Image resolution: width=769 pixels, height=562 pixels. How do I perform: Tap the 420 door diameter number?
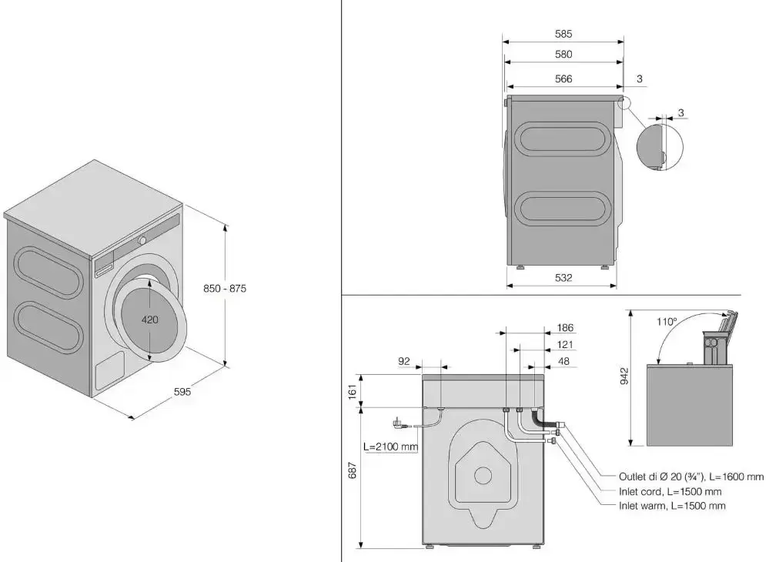click(x=150, y=319)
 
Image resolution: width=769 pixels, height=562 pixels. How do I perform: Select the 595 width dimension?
click(x=182, y=392)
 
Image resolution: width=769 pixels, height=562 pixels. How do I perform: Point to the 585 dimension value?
click(x=563, y=34)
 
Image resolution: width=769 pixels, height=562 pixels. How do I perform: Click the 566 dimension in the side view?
click(x=563, y=79)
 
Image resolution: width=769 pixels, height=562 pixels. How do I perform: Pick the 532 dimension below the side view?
click(x=563, y=278)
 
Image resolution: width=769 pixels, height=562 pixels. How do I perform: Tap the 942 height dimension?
click(x=624, y=375)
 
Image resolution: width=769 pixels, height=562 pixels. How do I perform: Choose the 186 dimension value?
click(x=564, y=327)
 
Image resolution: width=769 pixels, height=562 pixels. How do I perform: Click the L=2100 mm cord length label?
click(x=391, y=447)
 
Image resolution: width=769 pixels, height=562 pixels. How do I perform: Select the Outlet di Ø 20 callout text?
click(x=690, y=477)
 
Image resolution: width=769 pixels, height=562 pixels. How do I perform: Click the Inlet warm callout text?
click(x=671, y=506)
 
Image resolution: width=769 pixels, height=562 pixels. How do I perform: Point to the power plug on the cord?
click(x=400, y=423)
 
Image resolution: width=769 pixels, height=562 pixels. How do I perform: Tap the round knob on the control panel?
click(x=143, y=240)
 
